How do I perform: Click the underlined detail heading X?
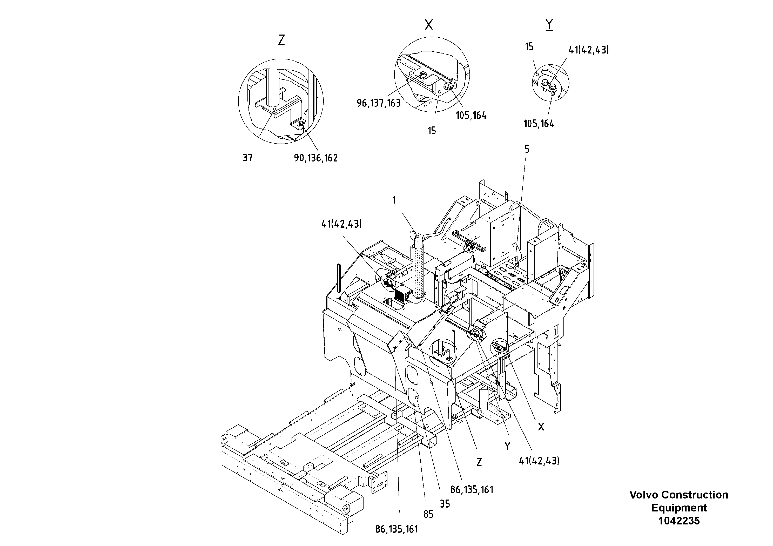(429, 25)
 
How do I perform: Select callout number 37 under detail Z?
(247, 158)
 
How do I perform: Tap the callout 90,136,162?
(316, 158)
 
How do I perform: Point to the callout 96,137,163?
(379, 103)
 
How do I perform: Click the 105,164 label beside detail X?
(471, 116)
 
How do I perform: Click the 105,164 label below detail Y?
(539, 124)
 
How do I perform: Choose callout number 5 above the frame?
(527, 149)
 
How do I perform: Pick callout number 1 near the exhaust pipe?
(394, 200)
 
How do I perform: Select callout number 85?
(428, 514)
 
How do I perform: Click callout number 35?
(445, 504)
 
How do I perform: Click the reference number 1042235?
(679, 521)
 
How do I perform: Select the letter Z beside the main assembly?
(479, 462)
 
